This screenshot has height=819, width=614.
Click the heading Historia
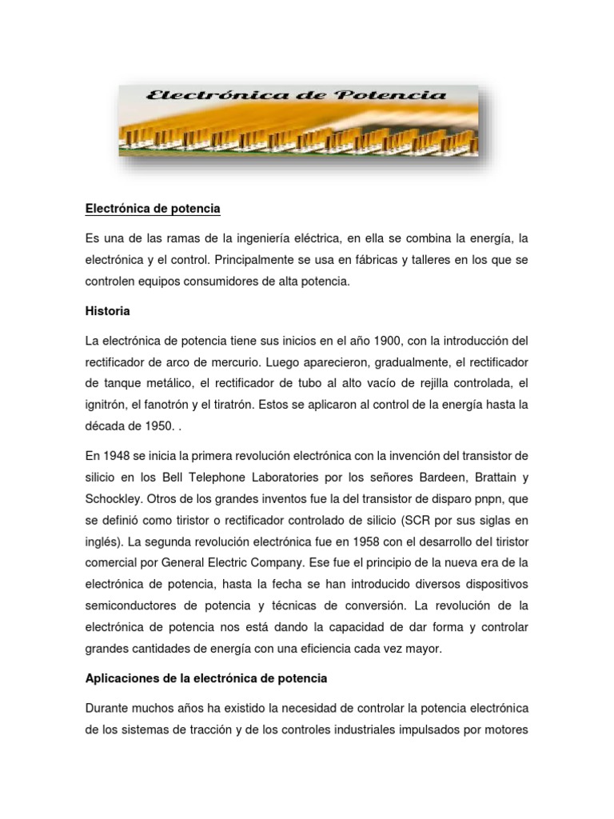[x=107, y=310]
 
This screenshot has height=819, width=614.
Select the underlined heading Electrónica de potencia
[x=152, y=209]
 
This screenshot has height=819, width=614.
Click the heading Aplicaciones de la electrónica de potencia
[x=205, y=678]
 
